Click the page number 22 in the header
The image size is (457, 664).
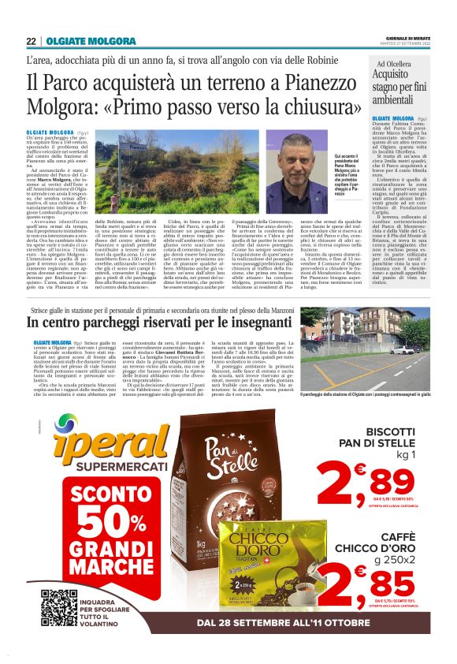click(x=31, y=41)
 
